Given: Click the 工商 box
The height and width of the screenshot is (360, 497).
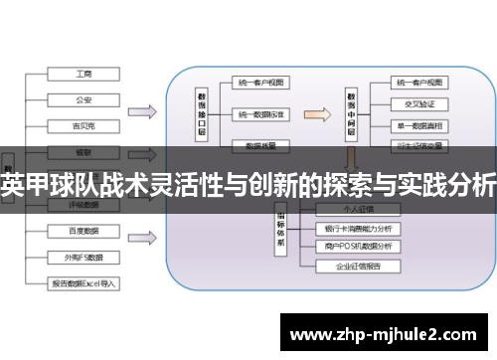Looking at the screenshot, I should pyautogui.click(x=83, y=73).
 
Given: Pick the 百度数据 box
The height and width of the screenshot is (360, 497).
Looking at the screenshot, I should pyautogui.click(x=83, y=230).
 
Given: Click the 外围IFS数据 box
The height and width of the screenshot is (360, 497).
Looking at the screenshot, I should pyautogui.click(x=83, y=256).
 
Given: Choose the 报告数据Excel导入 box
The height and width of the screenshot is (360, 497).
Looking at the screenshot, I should pyautogui.click(x=83, y=282).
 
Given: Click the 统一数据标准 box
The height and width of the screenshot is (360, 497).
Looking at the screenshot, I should pyautogui.click(x=260, y=115).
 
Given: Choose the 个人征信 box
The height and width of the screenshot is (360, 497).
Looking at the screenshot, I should pyautogui.click(x=357, y=210).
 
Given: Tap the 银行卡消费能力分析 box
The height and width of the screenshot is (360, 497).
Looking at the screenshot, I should pyautogui.click(x=357, y=229).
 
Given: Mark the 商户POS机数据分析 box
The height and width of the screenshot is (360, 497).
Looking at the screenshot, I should pyautogui.click(x=357, y=247).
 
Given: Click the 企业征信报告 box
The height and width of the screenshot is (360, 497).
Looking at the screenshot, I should pyautogui.click(x=357, y=268).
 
